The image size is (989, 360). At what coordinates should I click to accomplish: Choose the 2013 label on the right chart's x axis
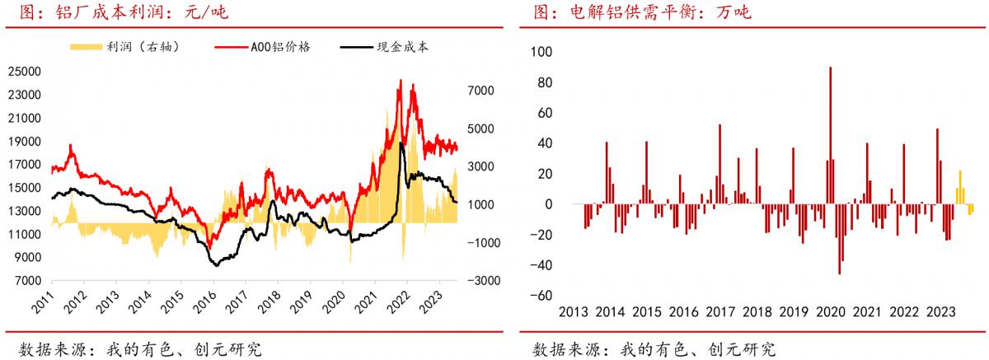click(574, 313)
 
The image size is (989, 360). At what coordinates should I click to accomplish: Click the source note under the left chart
click(139, 348)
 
